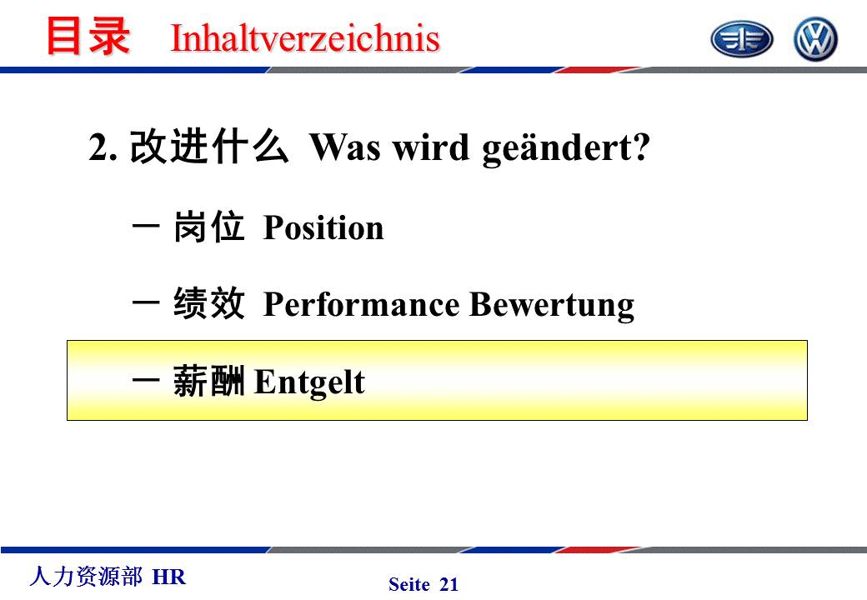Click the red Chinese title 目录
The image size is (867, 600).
[88, 36]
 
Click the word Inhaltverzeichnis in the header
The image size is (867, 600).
[305, 38]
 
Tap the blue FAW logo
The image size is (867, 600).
[741, 39]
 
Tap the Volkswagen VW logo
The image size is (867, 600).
[815, 39]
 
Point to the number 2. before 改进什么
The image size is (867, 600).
[103, 148]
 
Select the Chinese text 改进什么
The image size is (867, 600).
[209, 147]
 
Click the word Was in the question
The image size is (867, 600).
[344, 147]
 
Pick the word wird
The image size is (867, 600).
[431, 147]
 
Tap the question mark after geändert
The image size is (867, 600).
[641, 147]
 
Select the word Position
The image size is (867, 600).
[323, 227]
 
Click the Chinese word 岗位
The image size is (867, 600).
[208, 226]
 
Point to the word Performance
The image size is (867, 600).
[362, 304]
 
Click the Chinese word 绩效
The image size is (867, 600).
[208, 302]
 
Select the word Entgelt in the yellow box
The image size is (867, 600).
[309, 382]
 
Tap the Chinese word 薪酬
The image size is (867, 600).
[208, 381]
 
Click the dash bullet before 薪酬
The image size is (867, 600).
[146, 380]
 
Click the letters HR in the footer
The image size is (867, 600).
[168, 577]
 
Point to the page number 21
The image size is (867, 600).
[449, 584]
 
